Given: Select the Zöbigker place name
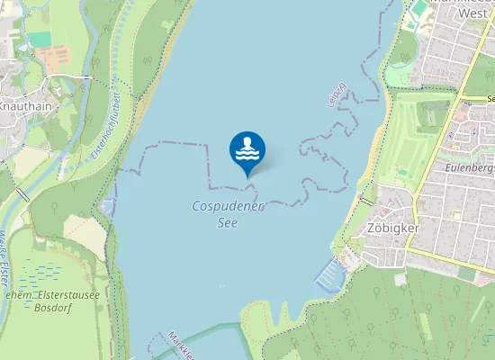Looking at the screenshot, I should (394, 229).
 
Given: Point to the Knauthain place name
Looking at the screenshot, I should (25, 105).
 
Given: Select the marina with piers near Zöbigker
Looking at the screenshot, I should (329, 271).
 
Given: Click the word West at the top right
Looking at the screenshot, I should (472, 13).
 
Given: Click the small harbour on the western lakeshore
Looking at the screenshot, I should (109, 206).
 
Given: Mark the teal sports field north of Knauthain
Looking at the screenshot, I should (40, 40).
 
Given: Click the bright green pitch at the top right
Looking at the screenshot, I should (419, 9).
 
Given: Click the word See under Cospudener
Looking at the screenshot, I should (228, 222).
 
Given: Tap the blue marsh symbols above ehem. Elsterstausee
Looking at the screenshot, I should (49, 271).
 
